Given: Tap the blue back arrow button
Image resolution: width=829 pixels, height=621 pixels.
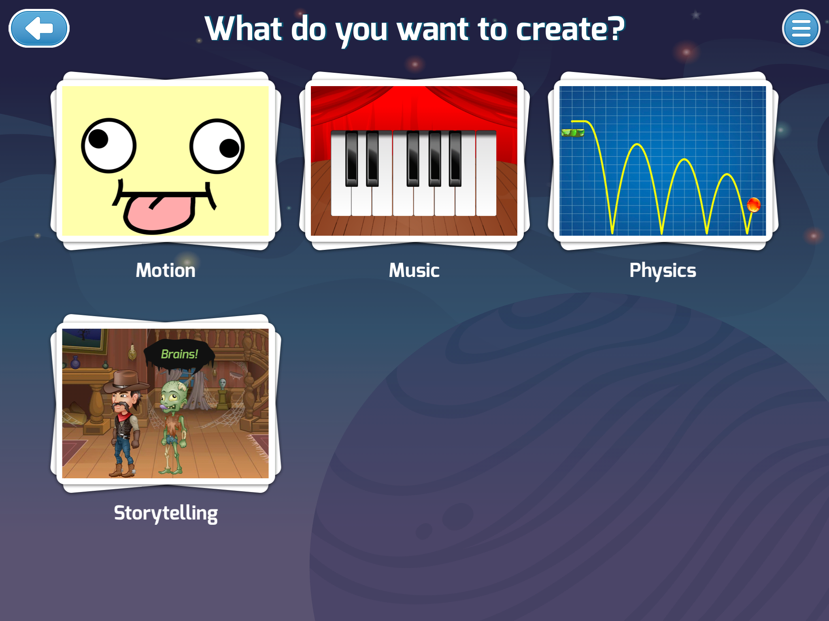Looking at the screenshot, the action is coord(39,28).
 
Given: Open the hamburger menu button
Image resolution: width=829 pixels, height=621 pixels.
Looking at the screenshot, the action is coord(801,28).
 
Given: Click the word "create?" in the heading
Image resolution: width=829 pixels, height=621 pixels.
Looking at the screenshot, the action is coord(570,29).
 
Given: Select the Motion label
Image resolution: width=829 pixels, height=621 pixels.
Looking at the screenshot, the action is coord(166,270).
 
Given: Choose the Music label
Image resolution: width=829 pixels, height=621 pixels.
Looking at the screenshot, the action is coord(414,270).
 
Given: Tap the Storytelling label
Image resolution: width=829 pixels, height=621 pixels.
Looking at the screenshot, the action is coord(166,513).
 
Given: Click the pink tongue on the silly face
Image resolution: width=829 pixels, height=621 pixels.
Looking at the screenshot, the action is coord(159,213).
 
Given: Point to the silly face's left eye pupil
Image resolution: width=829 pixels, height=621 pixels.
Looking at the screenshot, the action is coord(98,139).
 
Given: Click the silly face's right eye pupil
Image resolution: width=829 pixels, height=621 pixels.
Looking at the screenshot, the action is coord(230,148).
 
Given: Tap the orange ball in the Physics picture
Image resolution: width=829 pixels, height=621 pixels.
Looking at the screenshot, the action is coord(753,205).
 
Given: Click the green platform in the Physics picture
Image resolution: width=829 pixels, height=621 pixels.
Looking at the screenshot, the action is coord(573,133).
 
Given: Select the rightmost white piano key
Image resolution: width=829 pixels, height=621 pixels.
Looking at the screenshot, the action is coord(486,173).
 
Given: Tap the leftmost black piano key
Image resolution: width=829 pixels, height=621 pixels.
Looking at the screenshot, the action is coord(352,158).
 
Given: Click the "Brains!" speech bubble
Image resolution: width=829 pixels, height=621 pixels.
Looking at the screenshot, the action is coord(179,355).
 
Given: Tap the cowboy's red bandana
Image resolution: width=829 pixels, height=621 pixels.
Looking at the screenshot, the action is coord(125,416).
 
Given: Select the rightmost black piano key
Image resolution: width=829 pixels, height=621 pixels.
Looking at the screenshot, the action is coord(455,158).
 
